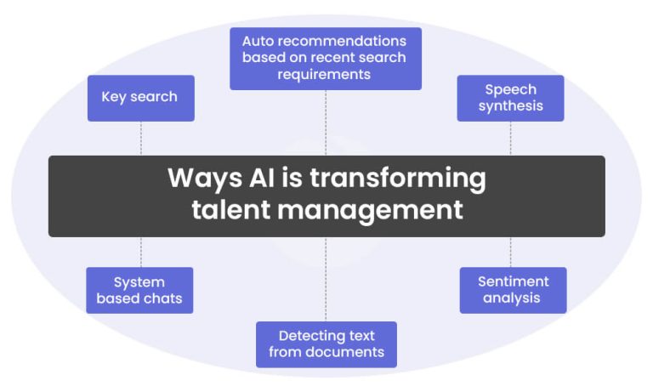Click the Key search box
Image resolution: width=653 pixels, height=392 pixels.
140,97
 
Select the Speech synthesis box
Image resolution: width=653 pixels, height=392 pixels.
510,98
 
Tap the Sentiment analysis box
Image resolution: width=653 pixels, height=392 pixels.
513,290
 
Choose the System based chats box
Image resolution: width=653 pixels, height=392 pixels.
139,290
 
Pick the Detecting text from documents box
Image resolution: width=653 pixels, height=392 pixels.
326,344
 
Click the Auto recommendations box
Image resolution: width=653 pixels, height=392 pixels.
325,58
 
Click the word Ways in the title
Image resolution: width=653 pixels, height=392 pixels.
198,179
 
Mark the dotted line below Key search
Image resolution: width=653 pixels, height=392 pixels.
140,138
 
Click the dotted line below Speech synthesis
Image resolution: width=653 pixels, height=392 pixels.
510,138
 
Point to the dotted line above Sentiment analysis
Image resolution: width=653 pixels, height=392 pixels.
510,252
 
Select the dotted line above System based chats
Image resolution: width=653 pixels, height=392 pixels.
140,252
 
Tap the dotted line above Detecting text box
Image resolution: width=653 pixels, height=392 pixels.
326,277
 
